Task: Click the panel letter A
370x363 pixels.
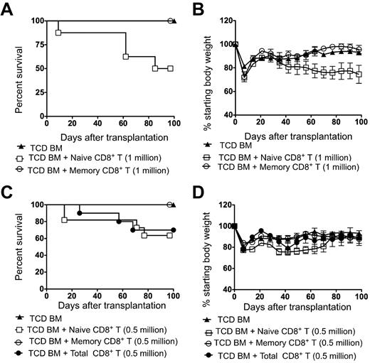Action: [x=11, y=9]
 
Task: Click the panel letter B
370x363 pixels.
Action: [x=196, y=9]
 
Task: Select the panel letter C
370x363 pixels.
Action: [x=11, y=192]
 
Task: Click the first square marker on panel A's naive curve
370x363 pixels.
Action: [x=58, y=33]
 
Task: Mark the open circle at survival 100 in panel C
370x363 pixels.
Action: [x=169, y=205]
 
